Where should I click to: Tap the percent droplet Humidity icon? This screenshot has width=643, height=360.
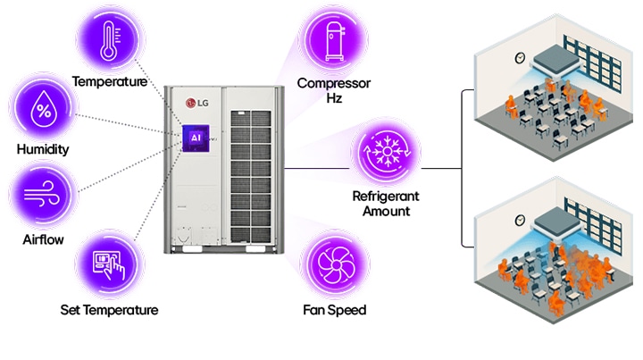coord(42,111)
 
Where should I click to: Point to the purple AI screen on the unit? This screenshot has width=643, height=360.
coord(195,138)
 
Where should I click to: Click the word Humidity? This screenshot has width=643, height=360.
coord(42,150)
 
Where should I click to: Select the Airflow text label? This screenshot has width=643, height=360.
coord(42,240)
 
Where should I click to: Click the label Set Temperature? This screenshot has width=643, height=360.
coord(110,310)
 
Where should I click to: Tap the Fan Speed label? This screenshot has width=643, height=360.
coord(335,310)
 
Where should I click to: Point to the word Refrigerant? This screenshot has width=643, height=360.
coord(386,195)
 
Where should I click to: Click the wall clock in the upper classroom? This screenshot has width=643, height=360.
coord(517,58)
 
